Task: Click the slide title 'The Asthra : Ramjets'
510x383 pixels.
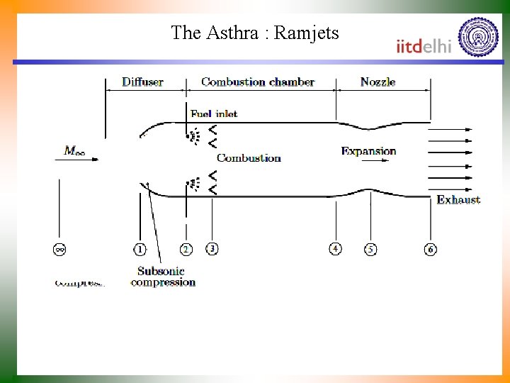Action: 255,33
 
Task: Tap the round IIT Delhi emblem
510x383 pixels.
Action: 478,37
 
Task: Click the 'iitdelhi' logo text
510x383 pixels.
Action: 424,45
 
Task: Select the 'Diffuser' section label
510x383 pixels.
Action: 142,82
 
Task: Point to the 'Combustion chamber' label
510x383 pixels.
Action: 258,82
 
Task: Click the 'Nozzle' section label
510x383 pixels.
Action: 378,82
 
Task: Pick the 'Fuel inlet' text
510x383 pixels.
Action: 214,113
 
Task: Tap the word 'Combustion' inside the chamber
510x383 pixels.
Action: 249,158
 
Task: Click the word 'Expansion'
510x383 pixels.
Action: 368,151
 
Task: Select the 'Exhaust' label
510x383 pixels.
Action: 458,200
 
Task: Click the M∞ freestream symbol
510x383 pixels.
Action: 76,150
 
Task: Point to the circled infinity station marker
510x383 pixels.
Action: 59,249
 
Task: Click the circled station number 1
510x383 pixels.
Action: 140,249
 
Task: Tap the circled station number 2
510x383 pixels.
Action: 186,249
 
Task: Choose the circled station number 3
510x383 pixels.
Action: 212,248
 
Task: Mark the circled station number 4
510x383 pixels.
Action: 335,248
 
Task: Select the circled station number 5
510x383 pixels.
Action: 370,249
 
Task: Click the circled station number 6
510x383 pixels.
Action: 430,249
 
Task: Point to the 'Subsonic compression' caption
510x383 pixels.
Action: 163,277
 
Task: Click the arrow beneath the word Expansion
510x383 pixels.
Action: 375,160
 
